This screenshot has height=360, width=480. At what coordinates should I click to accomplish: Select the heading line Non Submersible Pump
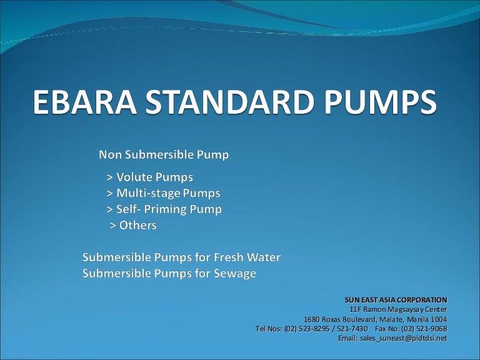(x=162, y=154)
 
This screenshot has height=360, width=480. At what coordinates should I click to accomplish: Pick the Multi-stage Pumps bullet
(x=163, y=193)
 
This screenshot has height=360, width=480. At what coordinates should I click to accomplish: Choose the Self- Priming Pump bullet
(x=164, y=209)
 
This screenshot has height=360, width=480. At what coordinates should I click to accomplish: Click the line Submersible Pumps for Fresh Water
(x=182, y=257)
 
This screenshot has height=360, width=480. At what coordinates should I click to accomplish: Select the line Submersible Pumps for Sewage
(x=169, y=274)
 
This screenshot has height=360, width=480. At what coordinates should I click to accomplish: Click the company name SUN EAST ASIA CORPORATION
(x=396, y=300)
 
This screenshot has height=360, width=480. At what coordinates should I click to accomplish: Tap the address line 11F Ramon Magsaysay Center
(x=397, y=309)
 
